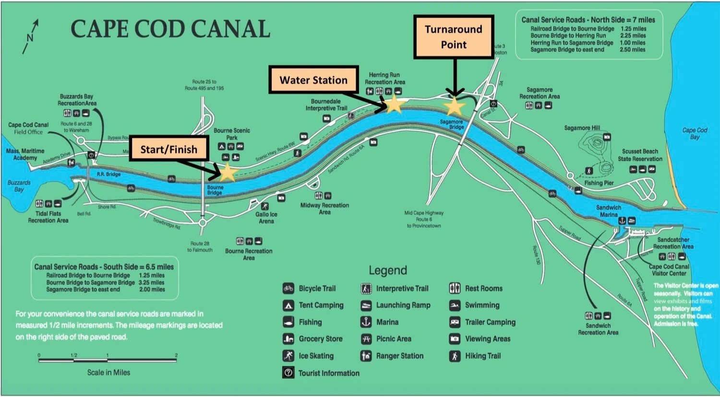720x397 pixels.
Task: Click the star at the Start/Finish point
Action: pyautogui.click(x=227, y=172)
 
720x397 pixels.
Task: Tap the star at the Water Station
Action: pyautogui.click(x=394, y=104)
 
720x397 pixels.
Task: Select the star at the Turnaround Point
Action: pyautogui.click(x=454, y=106)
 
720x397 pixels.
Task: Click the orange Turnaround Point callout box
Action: pyautogui.click(x=454, y=37)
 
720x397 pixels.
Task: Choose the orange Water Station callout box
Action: pyautogui.click(x=313, y=80)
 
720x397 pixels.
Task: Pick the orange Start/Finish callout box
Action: pyautogui.click(x=168, y=150)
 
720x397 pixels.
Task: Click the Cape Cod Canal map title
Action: pyautogui.click(x=170, y=29)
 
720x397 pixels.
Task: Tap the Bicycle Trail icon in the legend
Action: pyautogui.click(x=288, y=289)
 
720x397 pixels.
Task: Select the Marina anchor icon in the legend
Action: pyautogui.click(x=366, y=322)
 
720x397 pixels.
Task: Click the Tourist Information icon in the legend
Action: pyautogui.click(x=288, y=373)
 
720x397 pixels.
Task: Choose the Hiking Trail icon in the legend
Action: pyautogui.click(x=455, y=356)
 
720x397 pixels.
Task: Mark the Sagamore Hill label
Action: pyautogui.click(x=582, y=128)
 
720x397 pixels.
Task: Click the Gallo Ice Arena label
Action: pyautogui.click(x=266, y=218)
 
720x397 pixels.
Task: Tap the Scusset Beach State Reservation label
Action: pyautogui.click(x=640, y=155)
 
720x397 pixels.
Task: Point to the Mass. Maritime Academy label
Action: pyautogui.click(x=25, y=154)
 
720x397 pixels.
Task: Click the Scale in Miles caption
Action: pyautogui.click(x=108, y=373)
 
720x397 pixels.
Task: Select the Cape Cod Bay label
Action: pyautogui.click(x=695, y=133)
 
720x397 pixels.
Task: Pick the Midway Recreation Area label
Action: pyautogui.click(x=324, y=209)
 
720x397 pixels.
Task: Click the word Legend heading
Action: pyautogui.click(x=388, y=270)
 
